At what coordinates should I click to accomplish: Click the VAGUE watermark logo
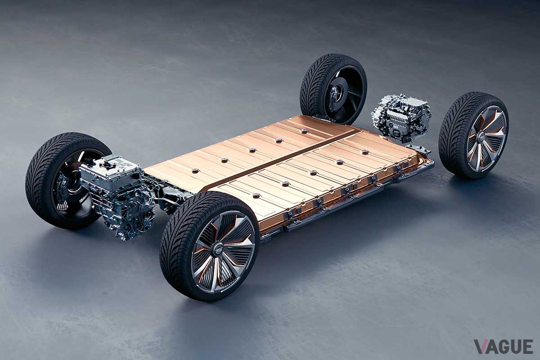503,346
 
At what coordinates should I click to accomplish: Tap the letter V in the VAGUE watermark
480,346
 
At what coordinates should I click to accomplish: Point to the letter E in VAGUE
526,346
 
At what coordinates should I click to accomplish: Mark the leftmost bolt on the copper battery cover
194,171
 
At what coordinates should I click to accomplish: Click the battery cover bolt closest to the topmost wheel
304,131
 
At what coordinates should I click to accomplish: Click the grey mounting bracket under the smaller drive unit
416,148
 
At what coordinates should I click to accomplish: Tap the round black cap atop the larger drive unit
108,165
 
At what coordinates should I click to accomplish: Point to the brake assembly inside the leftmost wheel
63,189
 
